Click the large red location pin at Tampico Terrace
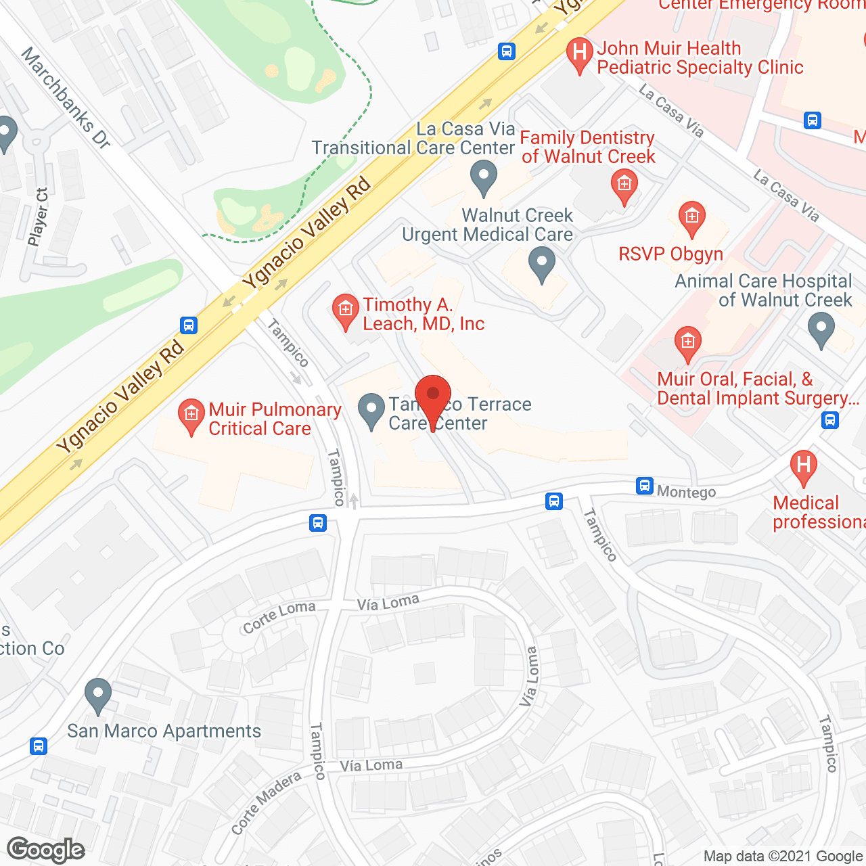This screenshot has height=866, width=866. [432, 396]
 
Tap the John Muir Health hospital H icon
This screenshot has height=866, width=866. [578, 53]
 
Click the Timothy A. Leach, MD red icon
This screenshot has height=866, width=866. [346, 310]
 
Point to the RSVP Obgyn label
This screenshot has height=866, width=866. [670, 254]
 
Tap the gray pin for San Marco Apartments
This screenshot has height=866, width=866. [98, 694]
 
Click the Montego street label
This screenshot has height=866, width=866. [686, 492]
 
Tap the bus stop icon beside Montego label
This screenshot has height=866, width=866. [645, 486]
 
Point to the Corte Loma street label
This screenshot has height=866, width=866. [279, 616]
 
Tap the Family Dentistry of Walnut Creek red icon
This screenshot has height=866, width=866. [624, 185]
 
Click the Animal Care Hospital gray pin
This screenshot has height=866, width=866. [821, 329]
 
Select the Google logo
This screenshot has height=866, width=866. [46, 850]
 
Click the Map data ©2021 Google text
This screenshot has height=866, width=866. [783, 857]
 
